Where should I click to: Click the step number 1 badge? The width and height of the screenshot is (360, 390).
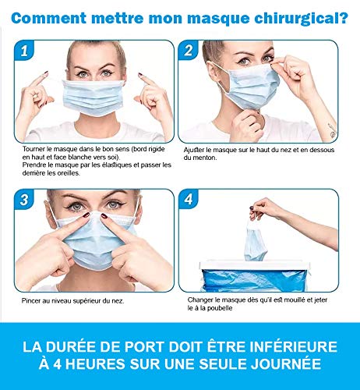24,51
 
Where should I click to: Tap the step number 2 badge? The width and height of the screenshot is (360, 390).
189,50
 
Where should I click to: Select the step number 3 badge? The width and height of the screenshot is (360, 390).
24,200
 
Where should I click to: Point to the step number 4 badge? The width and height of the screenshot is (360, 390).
189,200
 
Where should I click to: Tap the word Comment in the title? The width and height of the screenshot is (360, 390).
48,18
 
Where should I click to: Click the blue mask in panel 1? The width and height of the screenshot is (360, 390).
94,97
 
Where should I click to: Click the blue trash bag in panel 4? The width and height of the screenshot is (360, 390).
255,280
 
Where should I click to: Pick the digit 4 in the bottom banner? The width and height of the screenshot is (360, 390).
57,363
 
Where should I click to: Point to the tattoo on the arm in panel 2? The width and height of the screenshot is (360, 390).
332,130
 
